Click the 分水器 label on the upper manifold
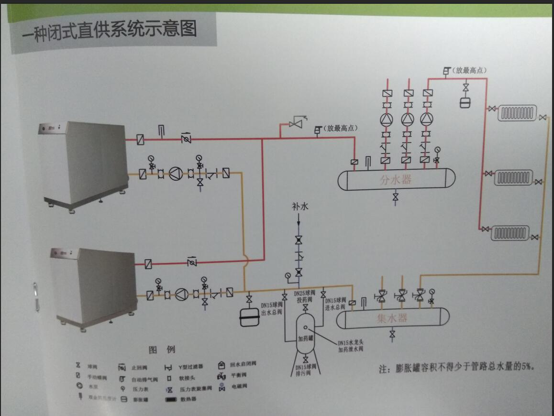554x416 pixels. [396, 180]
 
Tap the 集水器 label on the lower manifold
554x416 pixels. [392, 318]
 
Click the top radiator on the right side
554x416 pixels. [517, 113]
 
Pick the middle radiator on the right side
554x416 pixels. [513, 178]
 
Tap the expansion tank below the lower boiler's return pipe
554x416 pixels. [249, 317]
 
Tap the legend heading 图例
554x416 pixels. [162, 350]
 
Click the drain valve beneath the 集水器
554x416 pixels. [392, 334]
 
